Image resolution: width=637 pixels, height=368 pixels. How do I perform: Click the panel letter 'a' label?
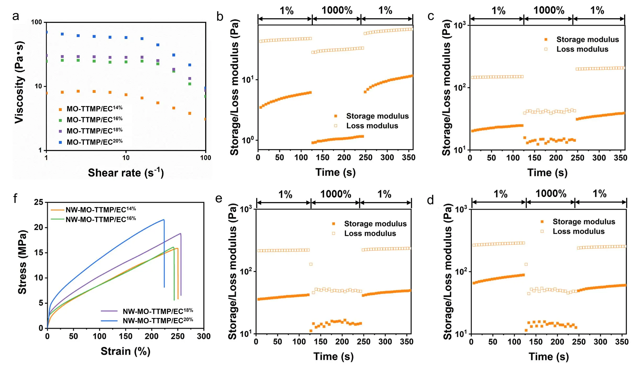[x=16, y=16]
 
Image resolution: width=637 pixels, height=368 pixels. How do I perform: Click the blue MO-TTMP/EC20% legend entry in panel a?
[x=94, y=142]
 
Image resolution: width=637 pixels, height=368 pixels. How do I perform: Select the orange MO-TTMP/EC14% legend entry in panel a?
[x=94, y=109]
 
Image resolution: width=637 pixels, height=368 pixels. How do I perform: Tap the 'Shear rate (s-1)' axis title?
[x=126, y=173]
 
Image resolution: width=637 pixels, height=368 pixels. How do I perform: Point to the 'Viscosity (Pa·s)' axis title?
[x=19, y=82]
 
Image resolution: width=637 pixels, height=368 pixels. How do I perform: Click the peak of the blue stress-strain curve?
[x=164, y=220]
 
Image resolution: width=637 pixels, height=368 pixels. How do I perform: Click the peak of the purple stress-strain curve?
[x=180, y=234]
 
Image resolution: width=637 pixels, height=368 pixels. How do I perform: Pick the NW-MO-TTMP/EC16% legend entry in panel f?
[x=101, y=219]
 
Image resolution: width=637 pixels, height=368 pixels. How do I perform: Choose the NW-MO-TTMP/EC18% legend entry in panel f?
[x=158, y=311]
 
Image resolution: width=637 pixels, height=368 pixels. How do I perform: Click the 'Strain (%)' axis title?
[x=125, y=351]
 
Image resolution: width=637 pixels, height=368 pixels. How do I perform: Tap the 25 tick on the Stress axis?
[x=39, y=202]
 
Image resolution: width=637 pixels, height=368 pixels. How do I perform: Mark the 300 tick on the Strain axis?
[x=204, y=336]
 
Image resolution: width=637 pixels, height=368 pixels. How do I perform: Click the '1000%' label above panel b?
[x=337, y=10]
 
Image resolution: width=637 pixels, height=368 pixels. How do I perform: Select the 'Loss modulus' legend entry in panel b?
[x=372, y=126]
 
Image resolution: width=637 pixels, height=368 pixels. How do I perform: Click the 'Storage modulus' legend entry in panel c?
[x=587, y=39]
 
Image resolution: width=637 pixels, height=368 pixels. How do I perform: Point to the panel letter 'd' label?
[x=430, y=200]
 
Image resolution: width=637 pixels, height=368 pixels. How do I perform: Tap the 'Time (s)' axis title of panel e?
[x=334, y=356]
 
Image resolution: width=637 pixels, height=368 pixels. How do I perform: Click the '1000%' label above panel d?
[x=551, y=194]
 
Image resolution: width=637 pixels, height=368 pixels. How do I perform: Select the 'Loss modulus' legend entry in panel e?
[x=370, y=233]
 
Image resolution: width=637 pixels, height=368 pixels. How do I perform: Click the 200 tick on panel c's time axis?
[x=556, y=158]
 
